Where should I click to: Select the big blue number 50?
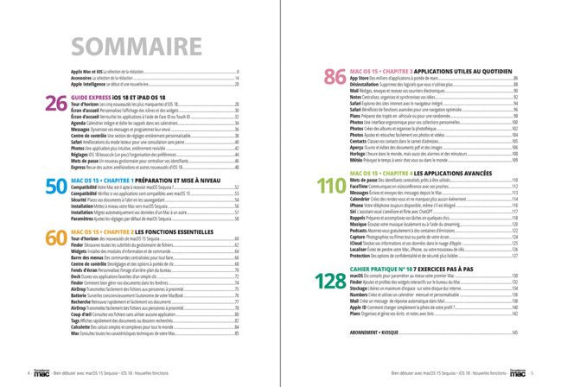[x=55, y=186]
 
